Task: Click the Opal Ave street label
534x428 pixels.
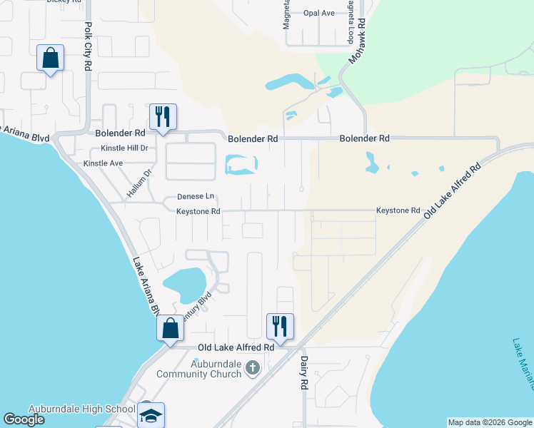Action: coord(318,13)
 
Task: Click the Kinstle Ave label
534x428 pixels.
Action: coord(104,163)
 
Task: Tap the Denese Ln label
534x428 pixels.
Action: coord(195,196)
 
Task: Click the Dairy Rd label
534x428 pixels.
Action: coord(303,373)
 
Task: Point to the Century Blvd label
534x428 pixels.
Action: coord(196,307)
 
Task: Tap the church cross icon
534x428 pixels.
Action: coord(252,368)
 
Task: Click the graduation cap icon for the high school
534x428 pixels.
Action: coord(151,415)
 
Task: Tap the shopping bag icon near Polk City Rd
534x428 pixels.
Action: coord(51,58)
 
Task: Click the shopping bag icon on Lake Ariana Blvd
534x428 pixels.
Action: coord(170,329)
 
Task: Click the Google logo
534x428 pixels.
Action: coord(25,419)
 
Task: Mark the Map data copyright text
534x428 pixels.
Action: coord(489,422)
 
